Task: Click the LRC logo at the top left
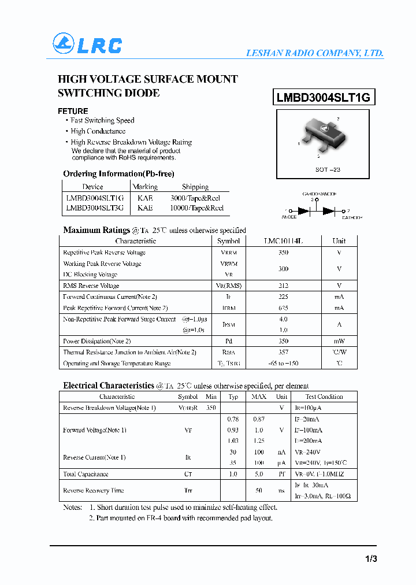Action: point(87,44)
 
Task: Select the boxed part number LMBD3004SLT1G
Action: point(323,98)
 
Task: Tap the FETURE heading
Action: point(73,111)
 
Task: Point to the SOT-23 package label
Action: point(328,169)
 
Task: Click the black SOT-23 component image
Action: point(321,135)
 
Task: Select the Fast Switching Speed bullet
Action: point(102,120)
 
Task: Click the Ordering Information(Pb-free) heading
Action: point(118,173)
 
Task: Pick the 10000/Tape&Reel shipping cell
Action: point(197,208)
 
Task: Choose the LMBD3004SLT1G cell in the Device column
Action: point(94,198)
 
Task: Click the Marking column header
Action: point(145,187)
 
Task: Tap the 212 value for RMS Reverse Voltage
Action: point(283,286)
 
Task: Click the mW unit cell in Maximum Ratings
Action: point(339,341)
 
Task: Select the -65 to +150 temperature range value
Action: point(283,363)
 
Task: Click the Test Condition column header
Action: point(324,397)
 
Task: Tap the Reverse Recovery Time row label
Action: point(94,490)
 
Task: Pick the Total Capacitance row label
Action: point(86,474)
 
